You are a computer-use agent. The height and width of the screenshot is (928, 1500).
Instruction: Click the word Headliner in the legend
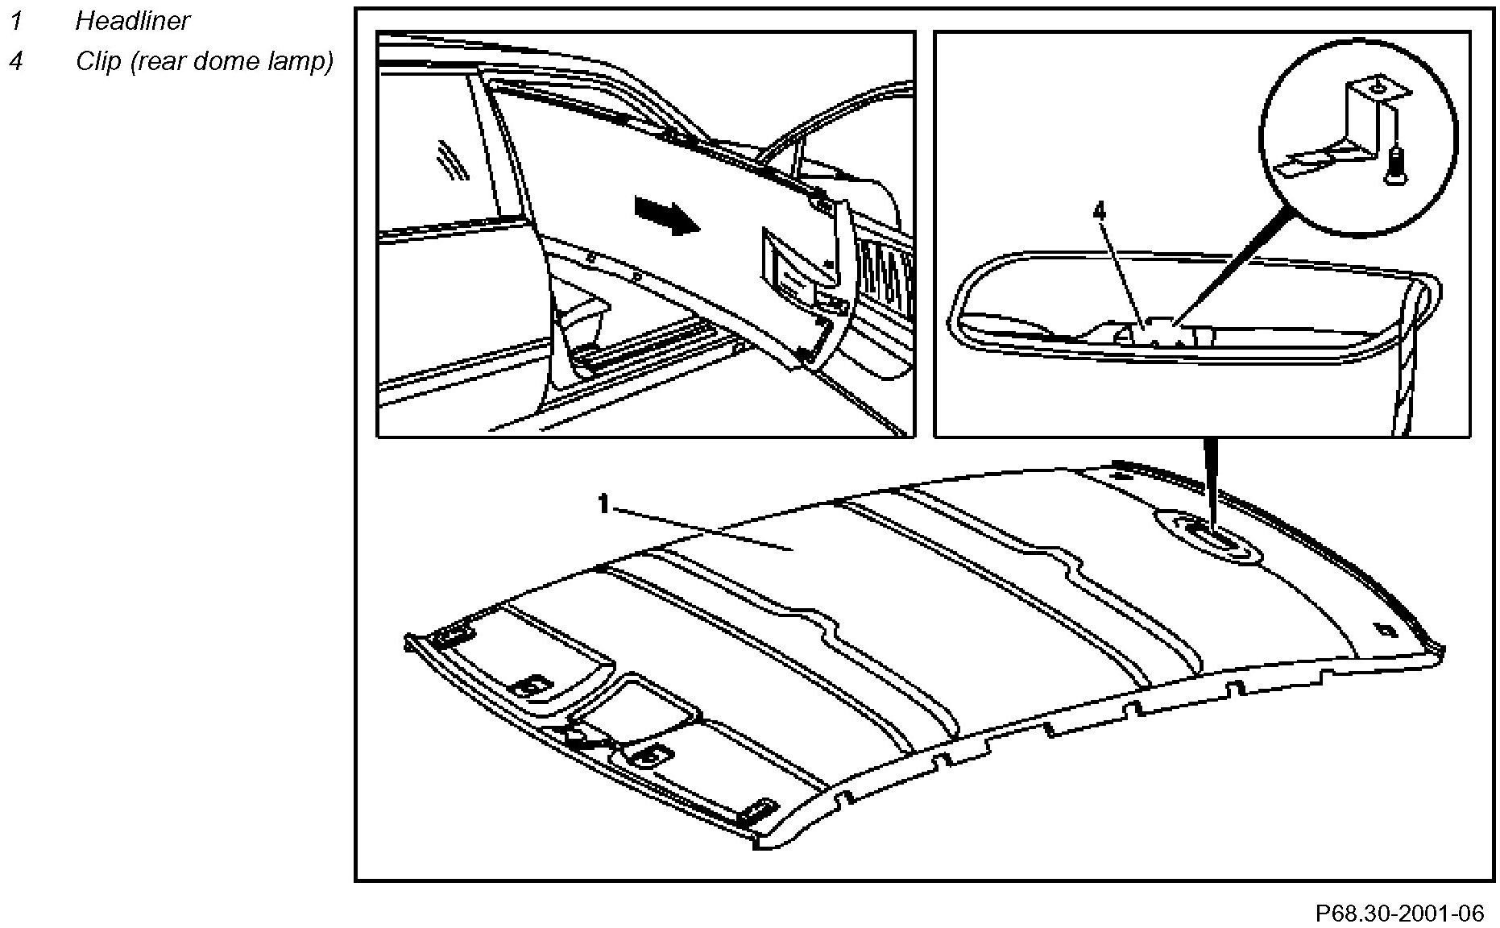pos(132,21)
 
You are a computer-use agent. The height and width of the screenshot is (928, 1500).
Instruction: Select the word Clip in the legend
pos(97,61)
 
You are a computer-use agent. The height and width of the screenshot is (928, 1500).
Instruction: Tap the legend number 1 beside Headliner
pos(15,21)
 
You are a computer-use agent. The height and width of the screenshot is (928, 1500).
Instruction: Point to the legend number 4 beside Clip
pos(15,61)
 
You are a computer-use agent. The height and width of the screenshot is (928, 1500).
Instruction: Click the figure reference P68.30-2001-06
pos(1399,913)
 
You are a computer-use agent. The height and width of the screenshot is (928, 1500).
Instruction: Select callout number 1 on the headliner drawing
pos(603,505)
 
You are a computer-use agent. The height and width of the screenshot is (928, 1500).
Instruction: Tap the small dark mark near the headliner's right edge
pos(1386,631)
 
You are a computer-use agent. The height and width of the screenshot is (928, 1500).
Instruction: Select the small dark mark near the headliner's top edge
pos(1121,473)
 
